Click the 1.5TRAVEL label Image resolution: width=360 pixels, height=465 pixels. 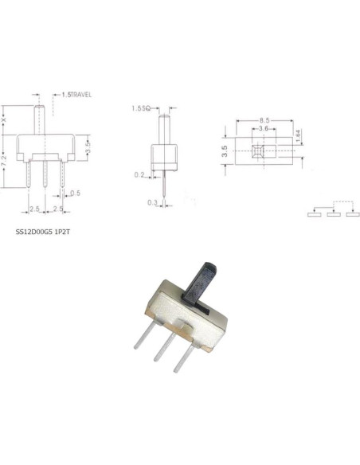[x=76, y=95]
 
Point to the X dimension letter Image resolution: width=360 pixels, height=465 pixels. [x=3, y=120]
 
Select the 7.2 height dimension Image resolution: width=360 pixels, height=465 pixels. [x=4, y=161]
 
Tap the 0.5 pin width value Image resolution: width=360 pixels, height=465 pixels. [x=76, y=193]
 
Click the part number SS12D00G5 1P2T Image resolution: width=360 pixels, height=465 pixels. [x=43, y=232]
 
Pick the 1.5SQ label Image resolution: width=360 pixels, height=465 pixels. [x=141, y=108]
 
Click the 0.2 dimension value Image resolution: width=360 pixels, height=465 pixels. [x=139, y=175]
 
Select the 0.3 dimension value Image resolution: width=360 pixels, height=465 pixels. [x=152, y=202]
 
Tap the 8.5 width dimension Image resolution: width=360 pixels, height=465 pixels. [x=264, y=120]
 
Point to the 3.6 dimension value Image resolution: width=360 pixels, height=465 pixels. [x=264, y=128]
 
